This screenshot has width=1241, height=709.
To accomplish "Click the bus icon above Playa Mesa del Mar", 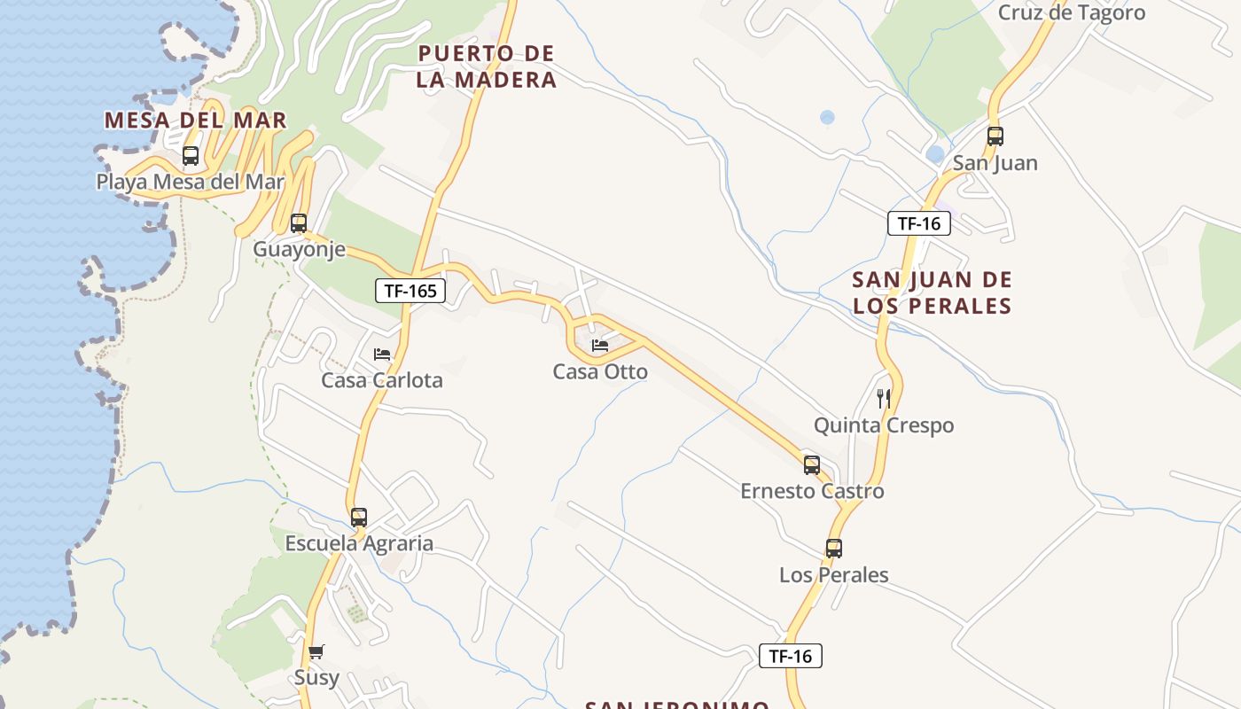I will point(191,157).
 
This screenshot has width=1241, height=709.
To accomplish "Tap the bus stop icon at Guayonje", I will point(299,223).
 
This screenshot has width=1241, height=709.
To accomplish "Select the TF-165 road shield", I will point(410,290).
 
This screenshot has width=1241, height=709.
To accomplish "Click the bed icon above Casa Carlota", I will point(382,354).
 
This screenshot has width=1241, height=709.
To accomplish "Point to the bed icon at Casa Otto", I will point(600,346).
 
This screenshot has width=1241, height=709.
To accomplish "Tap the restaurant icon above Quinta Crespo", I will point(884,399).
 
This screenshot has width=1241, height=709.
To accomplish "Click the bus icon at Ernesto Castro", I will point(812,465).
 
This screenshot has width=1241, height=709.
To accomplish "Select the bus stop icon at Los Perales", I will point(834,549).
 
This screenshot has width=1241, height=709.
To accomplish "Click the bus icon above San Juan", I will point(995,136).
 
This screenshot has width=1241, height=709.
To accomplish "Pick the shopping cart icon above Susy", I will point(316,652).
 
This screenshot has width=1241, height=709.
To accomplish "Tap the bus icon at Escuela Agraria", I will point(359,518).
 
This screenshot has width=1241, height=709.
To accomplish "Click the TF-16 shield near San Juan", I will point(918,223).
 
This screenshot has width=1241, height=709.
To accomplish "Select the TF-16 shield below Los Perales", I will point(791,656).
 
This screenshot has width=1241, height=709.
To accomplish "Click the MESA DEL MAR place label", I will point(196,121).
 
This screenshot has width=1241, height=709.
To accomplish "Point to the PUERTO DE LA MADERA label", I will point(487,66).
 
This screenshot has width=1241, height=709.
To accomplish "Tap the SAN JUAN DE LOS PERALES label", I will point(932,292).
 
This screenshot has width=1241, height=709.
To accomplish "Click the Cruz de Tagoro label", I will point(1072,13).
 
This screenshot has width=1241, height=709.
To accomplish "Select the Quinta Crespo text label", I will point(884,425).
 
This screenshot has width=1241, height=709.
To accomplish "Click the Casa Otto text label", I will point(600,372).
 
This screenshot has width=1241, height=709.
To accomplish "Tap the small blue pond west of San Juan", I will point(935,154).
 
